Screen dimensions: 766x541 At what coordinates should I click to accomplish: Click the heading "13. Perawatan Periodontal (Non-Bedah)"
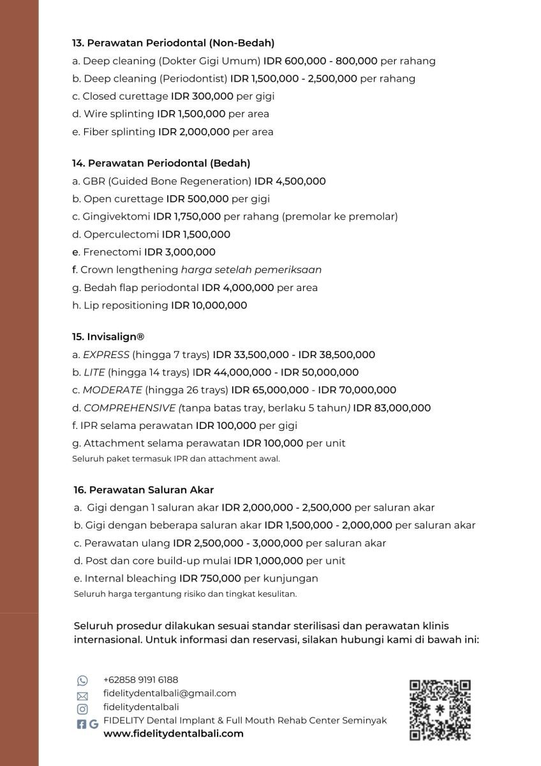(173, 43)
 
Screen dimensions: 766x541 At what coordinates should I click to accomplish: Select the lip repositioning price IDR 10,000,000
(209, 305)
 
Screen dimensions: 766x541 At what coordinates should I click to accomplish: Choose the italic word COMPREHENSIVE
(130, 408)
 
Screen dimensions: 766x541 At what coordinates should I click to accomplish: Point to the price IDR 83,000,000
(392, 408)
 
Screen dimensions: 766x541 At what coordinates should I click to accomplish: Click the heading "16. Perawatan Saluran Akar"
(144, 490)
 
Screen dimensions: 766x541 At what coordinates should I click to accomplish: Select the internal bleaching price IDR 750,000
(210, 578)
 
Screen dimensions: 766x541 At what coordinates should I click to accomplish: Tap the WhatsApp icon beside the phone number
(82, 680)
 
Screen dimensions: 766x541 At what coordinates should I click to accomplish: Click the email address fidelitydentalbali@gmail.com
(169, 693)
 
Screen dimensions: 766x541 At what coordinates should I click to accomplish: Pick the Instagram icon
(82, 709)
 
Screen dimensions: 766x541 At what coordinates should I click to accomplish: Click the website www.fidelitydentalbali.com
(174, 733)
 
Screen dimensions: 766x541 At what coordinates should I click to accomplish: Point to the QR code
(440, 709)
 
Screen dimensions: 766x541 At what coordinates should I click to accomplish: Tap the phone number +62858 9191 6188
(140, 680)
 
